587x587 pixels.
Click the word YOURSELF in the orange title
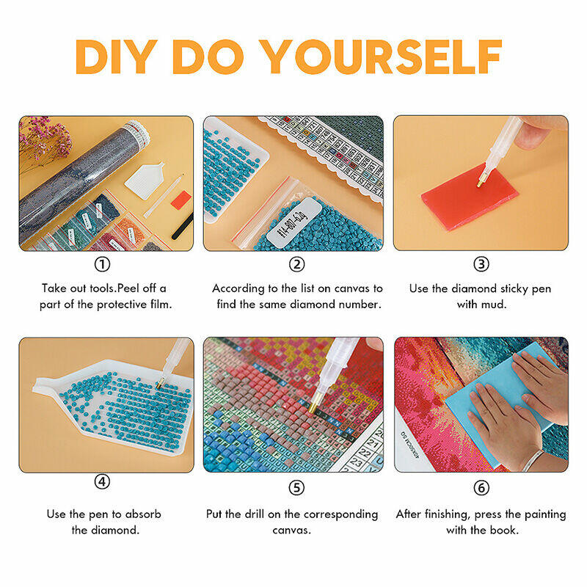[380, 56]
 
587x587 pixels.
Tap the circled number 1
[102, 264]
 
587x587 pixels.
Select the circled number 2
[297, 264]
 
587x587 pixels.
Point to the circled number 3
[481, 264]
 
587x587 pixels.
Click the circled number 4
[102, 481]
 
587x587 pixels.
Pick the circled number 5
[296, 488]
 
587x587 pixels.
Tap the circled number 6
[481, 488]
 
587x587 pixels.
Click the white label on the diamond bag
[294, 222]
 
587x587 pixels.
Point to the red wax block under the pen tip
[470, 197]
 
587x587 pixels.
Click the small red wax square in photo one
[181, 200]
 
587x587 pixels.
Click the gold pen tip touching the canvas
[314, 405]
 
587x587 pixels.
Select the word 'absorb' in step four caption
[143, 514]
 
